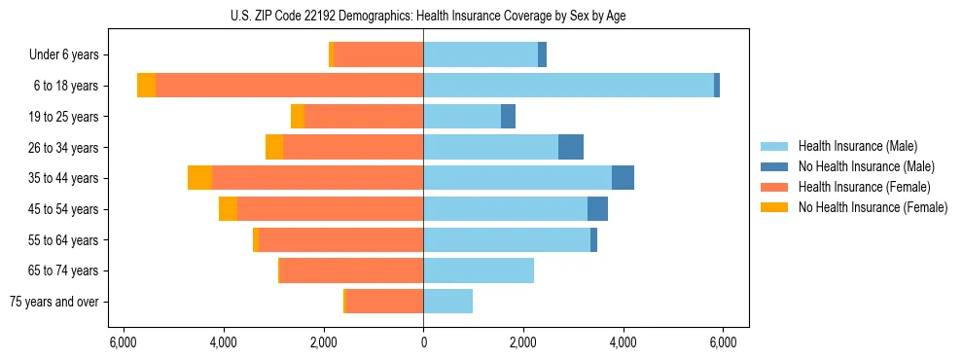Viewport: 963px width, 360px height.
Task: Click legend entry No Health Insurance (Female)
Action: click(x=873, y=207)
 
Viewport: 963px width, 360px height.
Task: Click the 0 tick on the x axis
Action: click(x=423, y=342)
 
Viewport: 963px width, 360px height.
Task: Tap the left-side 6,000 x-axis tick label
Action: click(x=124, y=342)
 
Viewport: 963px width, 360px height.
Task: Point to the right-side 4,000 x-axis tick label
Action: click(x=623, y=342)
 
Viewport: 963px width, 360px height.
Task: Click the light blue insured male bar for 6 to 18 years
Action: click(x=568, y=86)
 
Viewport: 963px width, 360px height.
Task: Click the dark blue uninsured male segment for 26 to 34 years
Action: click(x=571, y=147)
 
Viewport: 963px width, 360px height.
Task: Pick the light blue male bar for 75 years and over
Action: click(x=447, y=302)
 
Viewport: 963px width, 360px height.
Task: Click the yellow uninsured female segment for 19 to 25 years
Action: click(x=298, y=117)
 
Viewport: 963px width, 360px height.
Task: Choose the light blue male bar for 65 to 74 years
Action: click(x=479, y=270)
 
